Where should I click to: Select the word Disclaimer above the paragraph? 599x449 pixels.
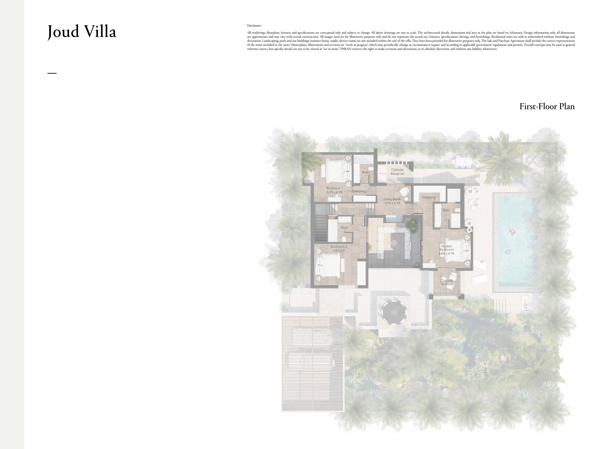(254, 26)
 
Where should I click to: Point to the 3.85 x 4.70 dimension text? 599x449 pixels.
(446, 253)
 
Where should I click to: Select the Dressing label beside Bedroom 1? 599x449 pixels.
(358, 191)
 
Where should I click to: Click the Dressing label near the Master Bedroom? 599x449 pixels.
(429, 197)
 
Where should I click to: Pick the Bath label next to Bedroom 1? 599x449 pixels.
(366, 172)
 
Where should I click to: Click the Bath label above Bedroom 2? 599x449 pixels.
(344, 227)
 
